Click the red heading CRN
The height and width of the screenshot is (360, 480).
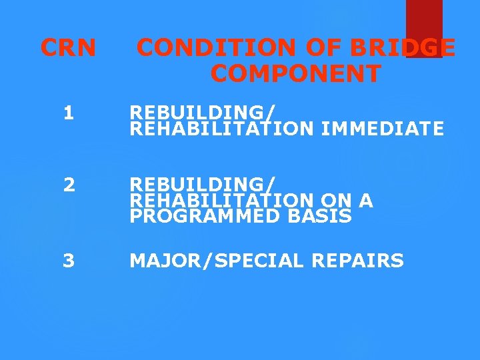point(68,47)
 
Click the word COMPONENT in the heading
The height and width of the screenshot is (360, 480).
point(296,73)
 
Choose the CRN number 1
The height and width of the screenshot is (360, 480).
point(69,113)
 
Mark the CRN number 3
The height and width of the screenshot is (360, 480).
point(69,260)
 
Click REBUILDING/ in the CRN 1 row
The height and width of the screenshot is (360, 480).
point(203,111)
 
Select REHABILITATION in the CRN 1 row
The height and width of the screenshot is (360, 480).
point(221,128)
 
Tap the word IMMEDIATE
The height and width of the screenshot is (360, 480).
point(382,128)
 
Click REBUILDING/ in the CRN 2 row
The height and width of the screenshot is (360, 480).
point(203,183)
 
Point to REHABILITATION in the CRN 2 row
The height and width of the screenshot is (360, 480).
point(221,200)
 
